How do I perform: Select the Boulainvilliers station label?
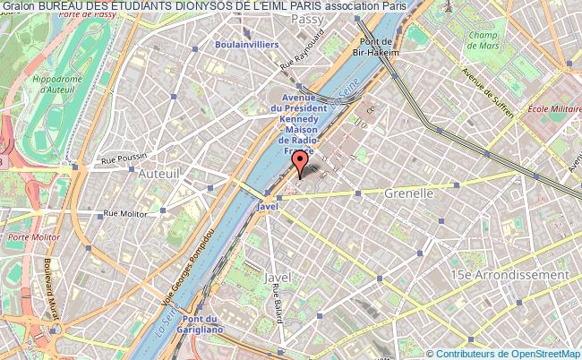tap(246, 44)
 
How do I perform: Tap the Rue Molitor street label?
tap(124, 213)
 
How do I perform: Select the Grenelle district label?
tap(408, 193)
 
